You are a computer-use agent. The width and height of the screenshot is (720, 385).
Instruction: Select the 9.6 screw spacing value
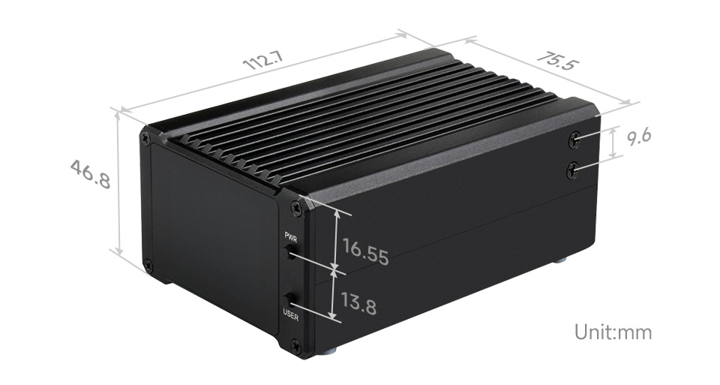point(640,137)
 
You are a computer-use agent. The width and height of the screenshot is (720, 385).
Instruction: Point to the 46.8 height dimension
point(90,173)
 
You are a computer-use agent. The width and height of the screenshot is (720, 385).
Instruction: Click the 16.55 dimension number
point(365,251)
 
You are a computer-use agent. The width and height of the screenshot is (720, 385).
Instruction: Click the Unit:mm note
point(613,332)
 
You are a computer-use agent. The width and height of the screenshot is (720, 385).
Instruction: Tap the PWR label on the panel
point(291,237)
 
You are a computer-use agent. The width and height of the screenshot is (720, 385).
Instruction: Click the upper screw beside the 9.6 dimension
point(574,139)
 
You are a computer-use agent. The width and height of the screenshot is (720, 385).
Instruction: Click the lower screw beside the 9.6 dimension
point(573,171)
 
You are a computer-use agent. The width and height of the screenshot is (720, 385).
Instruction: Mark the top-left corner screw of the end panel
point(145,137)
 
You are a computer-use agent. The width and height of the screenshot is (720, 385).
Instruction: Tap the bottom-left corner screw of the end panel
point(148,265)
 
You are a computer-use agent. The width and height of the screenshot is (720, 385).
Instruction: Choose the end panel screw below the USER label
point(295,346)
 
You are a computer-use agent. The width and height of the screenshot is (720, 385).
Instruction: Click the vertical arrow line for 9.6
point(614,143)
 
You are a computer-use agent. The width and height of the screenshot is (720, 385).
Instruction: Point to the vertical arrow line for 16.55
point(336,238)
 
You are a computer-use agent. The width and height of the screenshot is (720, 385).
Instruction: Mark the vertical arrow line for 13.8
point(334,294)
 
